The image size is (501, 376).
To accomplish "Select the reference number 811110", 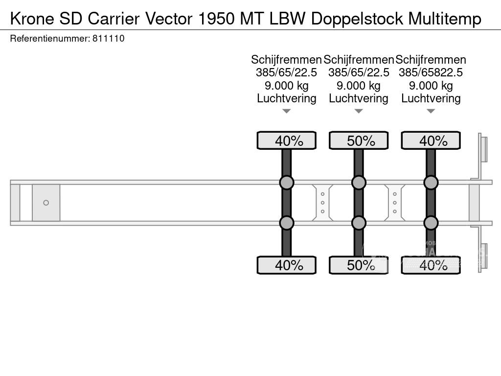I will point(108,38).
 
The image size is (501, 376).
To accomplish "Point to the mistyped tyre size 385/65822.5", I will point(431,72).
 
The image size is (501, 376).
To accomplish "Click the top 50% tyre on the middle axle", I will point(359,141).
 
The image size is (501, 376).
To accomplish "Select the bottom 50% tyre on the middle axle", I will point(359,265).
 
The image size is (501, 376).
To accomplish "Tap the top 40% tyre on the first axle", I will point(287,141).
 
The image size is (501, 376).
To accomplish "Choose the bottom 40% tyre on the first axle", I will point(287,265).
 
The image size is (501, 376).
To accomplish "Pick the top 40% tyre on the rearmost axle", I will point(431,141).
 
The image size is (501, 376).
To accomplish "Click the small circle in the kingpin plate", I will point(46,203).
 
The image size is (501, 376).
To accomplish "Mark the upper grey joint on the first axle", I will point(287,183).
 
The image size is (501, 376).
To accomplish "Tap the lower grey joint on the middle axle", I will point(359,223).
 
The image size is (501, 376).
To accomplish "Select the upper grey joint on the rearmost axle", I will point(431,183).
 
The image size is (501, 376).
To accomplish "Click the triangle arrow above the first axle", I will point(287,111).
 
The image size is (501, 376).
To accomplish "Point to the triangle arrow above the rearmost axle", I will point(431,111).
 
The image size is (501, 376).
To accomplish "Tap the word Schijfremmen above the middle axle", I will point(359,60).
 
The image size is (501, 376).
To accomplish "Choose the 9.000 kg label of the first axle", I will point(287,86).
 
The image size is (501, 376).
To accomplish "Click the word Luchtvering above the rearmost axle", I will point(431,98).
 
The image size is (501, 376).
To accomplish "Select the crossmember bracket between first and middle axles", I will point(323,203).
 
